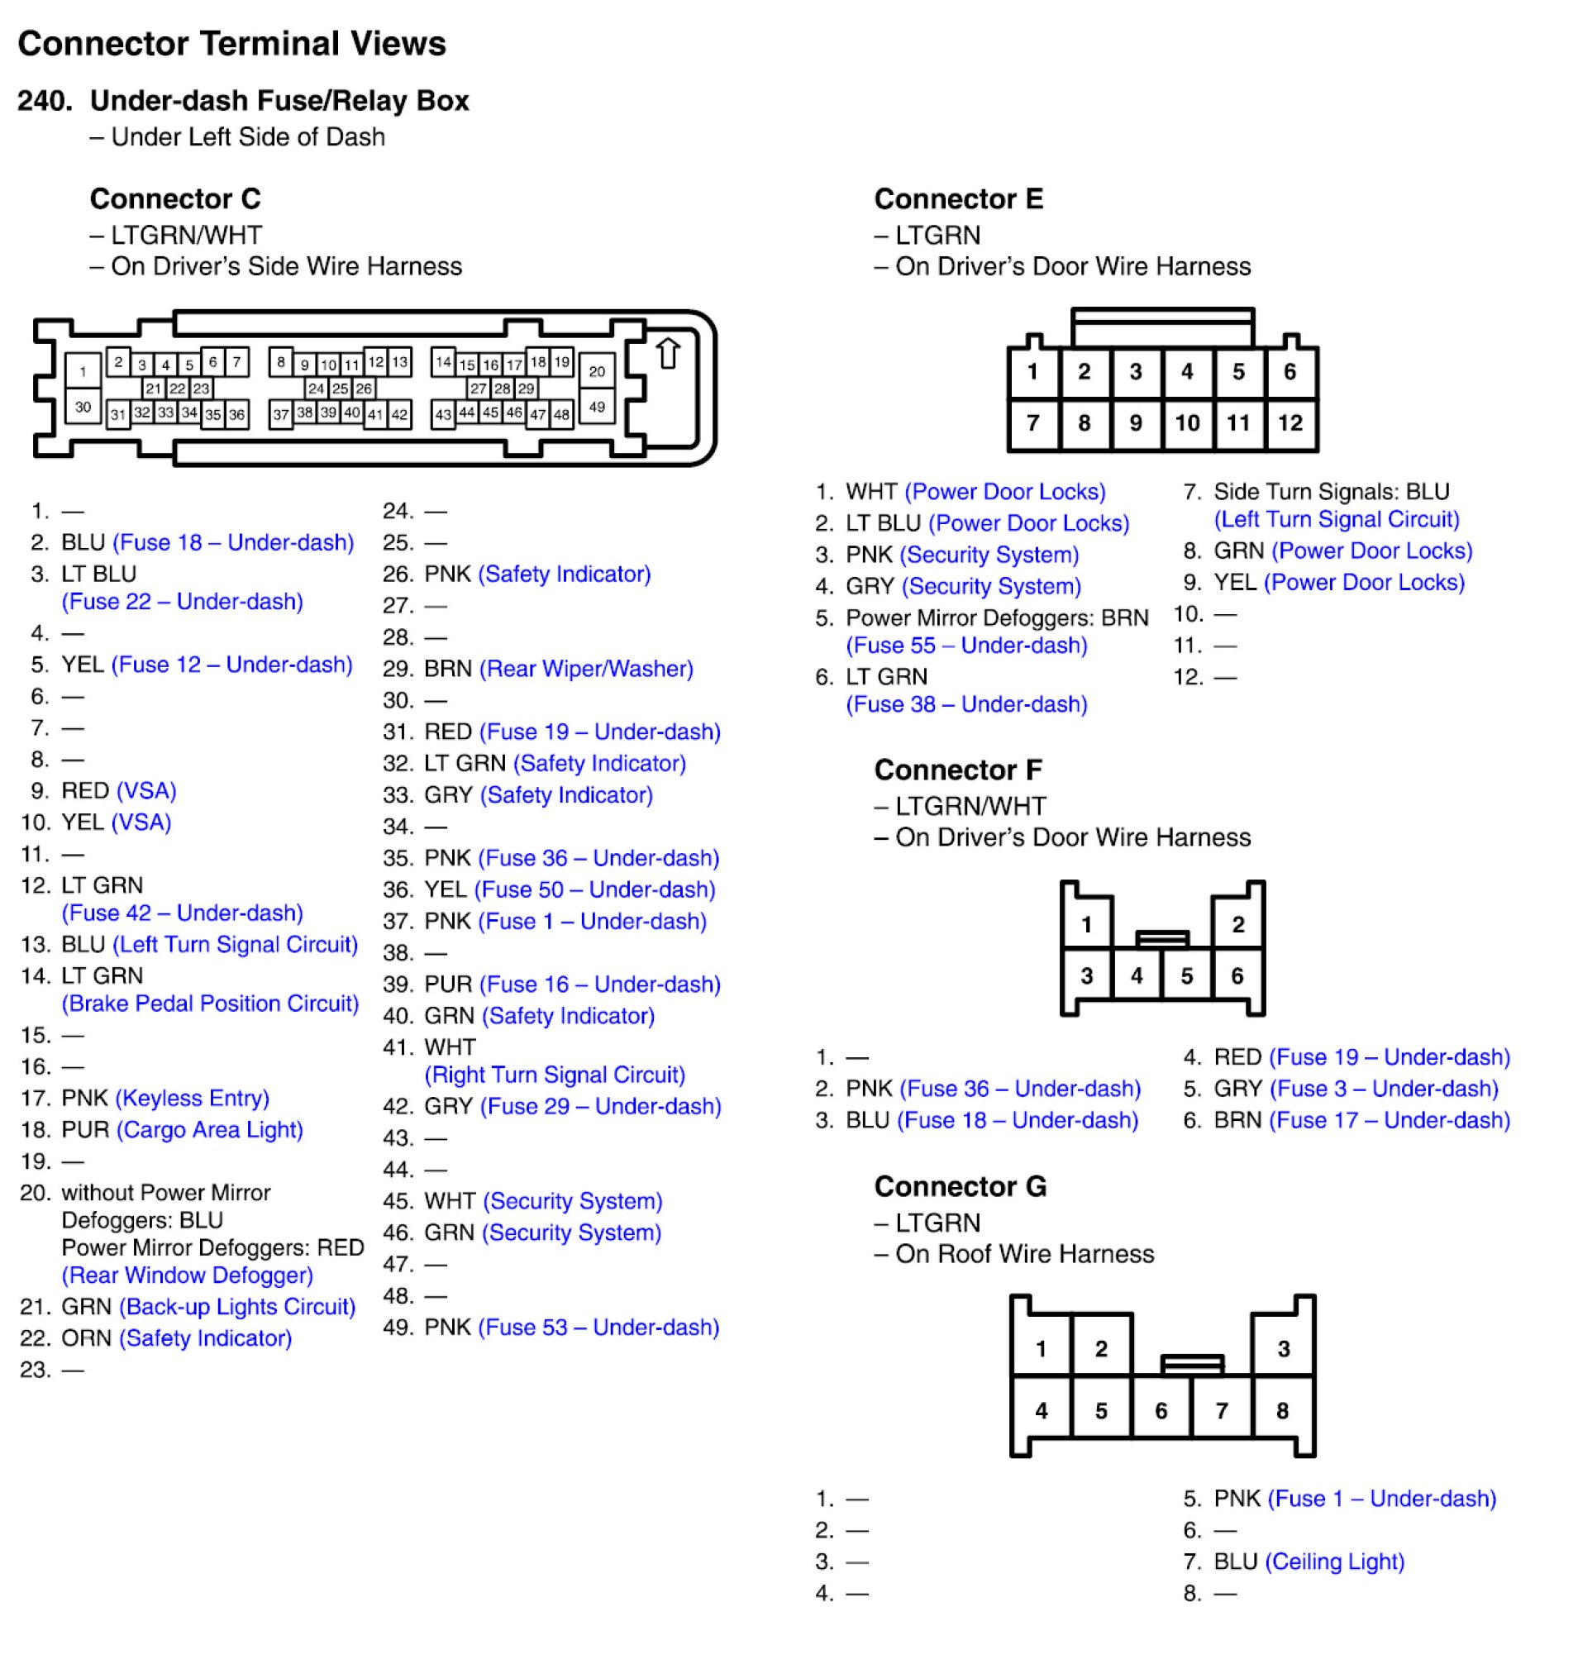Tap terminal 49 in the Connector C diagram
point(596,408)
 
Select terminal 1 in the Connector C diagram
point(83,371)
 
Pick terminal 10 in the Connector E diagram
point(1187,422)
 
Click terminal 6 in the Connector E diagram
point(1290,371)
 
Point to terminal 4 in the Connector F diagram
point(1137,976)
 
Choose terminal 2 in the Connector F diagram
point(1238,924)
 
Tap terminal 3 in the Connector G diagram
point(1284,1349)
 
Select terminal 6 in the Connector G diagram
point(1161,1411)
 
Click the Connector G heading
point(960,1186)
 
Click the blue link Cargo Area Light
point(209,1130)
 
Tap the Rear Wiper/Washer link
point(586,669)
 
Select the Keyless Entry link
point(192,1098)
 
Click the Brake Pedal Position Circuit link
point(210,1004)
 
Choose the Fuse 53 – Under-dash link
point(598,1328)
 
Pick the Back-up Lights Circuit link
point(237,1306)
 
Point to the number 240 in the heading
point(44,101)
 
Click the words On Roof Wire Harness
point(1023,1254)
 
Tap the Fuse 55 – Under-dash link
point(966,646)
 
